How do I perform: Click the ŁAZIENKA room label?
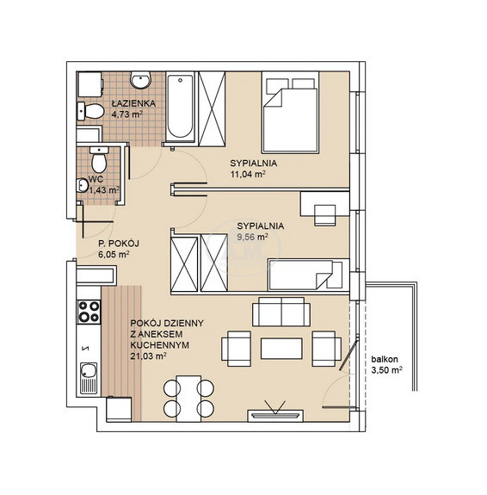(133, 103)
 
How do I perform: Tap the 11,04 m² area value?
(248, 174)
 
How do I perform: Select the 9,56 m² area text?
(252, 237)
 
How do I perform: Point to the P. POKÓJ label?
(119, 244)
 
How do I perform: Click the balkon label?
(385, 359)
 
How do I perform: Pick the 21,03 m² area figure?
(148, 356)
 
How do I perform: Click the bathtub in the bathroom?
(180, 107)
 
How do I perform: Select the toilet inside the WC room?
(99, 160)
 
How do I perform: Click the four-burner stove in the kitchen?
(89, 312)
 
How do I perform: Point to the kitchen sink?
(89, 378)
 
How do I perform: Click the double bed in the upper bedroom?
(290, 113)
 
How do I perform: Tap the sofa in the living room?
(280, 312)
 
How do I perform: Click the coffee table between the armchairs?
(281, 349)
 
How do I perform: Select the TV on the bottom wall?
(275, 415)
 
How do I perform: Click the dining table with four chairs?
(188, 399)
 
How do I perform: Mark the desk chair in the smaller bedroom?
(324, 215)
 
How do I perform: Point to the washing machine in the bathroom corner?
(90, 84)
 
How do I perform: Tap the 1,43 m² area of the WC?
(104, 190)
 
